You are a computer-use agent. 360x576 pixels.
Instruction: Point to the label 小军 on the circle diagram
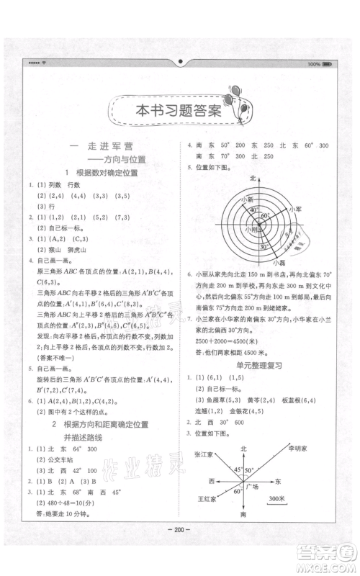292,207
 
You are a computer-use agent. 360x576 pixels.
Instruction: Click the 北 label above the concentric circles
252,177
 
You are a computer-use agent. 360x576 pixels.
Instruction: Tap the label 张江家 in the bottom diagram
204,455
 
